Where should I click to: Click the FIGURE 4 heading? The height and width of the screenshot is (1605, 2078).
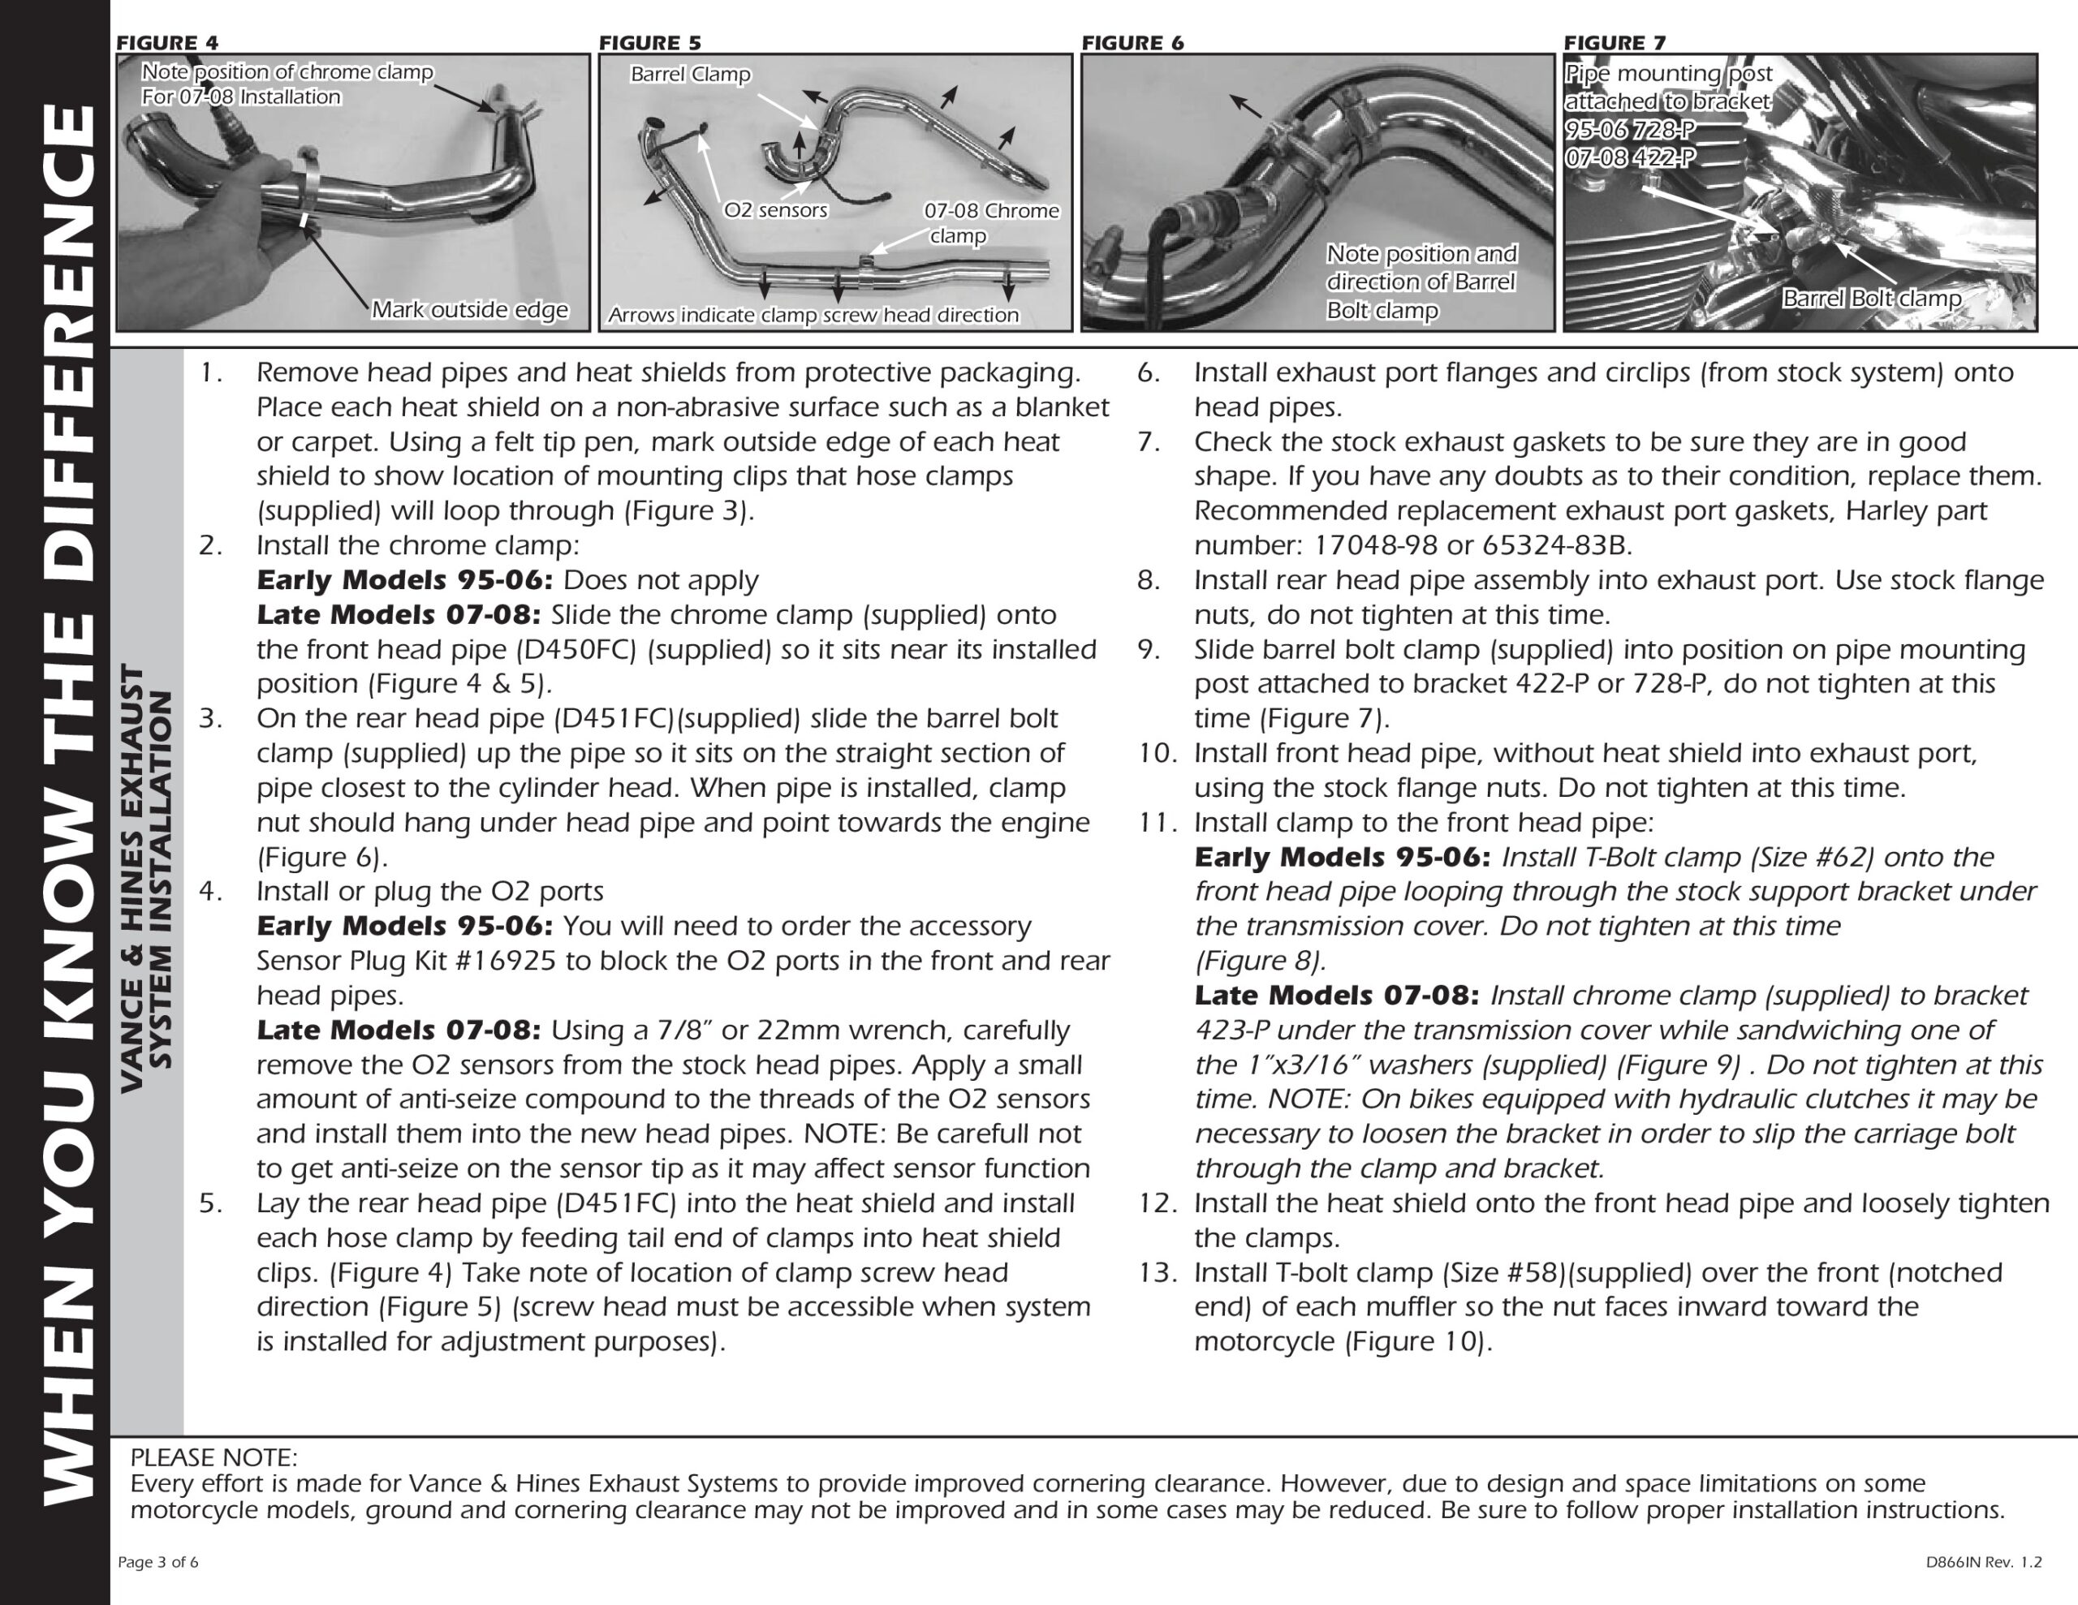coord(166,43)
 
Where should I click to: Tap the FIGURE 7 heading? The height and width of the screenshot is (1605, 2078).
coord(1615,43)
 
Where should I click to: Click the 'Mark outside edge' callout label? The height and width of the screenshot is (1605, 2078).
coord(469,310)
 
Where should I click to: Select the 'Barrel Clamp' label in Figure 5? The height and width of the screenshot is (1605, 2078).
coord(690,74)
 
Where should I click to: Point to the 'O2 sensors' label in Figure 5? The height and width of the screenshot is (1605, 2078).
coord(775,210)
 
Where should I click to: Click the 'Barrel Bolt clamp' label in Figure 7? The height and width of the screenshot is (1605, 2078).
coord(1872,299)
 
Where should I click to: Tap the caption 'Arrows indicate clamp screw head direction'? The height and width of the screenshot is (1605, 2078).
coord(813,316)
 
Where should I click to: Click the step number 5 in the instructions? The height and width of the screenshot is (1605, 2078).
coord(210,1203)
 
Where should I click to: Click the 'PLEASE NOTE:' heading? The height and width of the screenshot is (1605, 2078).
coord(213,1457)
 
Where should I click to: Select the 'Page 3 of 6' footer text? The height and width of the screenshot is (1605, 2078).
coord(158,1562)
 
